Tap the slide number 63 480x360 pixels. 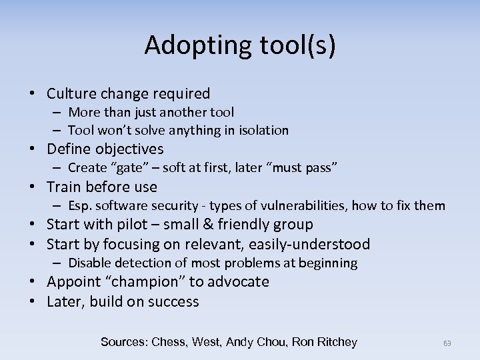tap(447, 343)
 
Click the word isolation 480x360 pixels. tap(261, 130)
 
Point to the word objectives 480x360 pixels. tap(129, 148)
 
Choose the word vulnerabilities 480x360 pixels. tap(297, 205)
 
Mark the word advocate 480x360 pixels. tap(239, 281)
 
